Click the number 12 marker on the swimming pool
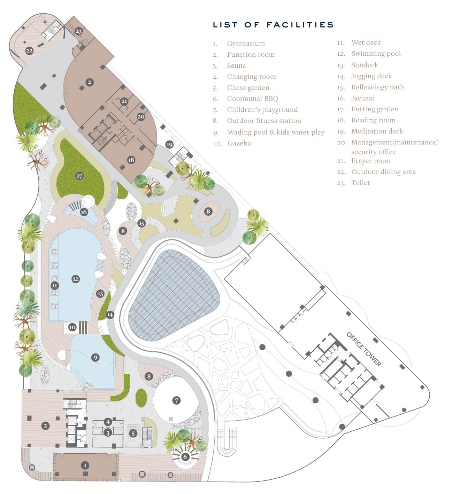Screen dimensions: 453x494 76,279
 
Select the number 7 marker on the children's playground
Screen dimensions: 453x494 176,400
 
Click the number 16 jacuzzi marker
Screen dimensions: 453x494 84,212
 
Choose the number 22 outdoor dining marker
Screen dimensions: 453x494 29,51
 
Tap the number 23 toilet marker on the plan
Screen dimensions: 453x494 78,31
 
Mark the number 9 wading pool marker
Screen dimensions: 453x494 95,357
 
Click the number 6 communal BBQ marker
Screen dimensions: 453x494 185,457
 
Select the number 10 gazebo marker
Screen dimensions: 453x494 72,327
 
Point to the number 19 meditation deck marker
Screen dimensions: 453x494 169,144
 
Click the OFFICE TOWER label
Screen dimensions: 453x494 364,349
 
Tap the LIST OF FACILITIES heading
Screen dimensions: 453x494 273,25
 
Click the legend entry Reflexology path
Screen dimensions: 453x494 377,87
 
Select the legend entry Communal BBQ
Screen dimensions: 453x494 253,98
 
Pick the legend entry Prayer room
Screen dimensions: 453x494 371,161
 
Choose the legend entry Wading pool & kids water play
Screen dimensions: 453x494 276,132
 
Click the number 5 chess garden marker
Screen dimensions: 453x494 133,433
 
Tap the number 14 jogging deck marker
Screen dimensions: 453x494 110,314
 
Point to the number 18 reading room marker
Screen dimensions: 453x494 131,160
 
